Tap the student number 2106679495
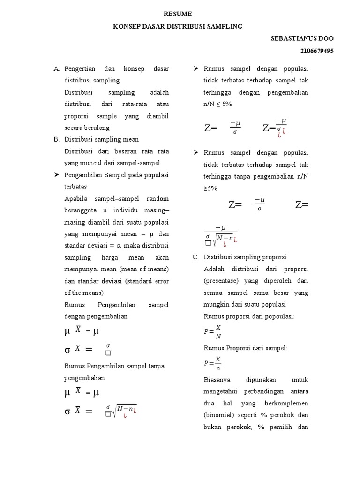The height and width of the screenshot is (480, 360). pyautogui.click(x=317, y=51)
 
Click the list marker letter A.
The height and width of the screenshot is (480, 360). pyautogui.click(x=56, y=69)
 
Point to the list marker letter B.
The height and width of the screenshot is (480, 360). pyautogui.click(x=56, y=139)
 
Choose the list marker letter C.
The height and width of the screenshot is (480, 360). pyautogui.click(x=196, y=257)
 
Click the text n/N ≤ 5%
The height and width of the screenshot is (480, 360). pyautogui.click(x=217, y=104)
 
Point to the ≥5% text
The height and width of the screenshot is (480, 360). pyautogui.click(x=210, y=187)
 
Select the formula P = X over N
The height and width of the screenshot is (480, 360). pyautogui.click(x=212, y=331)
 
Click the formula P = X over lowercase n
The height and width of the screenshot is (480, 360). pyautogui.click(x=212, y=363)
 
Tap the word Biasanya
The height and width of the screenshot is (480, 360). pyautogui.click(x=217, y=380)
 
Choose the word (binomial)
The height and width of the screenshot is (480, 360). pyautogui.click(x=220, y=415)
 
